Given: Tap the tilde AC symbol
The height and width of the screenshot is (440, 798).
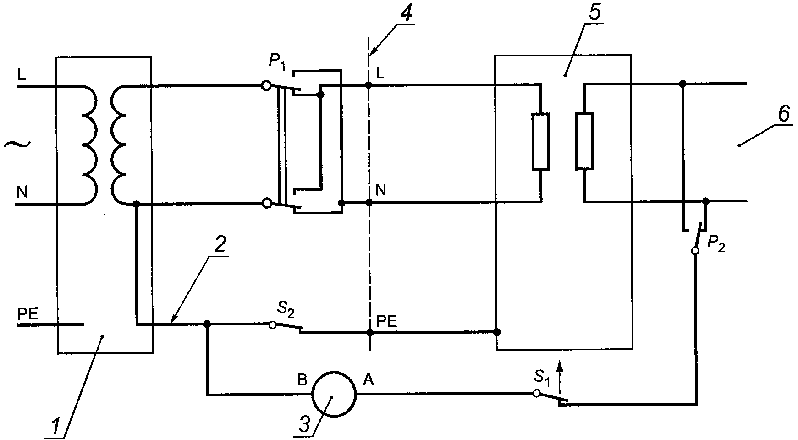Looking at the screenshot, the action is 17,145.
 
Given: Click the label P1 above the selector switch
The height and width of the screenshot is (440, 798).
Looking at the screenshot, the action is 277,62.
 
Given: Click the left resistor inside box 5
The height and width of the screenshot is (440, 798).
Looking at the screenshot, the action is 541,141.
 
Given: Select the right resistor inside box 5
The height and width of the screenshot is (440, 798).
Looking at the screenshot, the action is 584,141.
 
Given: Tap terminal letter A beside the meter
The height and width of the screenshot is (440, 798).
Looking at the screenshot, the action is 369,380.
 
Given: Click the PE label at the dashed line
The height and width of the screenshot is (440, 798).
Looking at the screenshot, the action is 386,321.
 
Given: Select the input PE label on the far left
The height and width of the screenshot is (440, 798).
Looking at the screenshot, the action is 28,314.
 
